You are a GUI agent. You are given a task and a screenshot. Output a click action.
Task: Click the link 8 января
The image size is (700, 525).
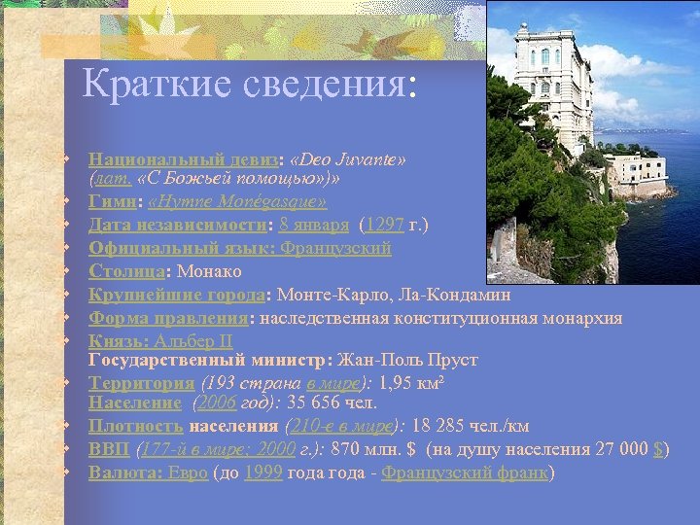click(x=314, y=226)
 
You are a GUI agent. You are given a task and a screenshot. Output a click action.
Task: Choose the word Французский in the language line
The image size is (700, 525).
click(x=336, y=248)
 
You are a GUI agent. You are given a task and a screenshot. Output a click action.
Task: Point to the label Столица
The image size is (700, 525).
click(x=123, y=270)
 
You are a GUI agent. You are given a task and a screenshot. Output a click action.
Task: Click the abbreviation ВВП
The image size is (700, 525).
click(x=109, y=449)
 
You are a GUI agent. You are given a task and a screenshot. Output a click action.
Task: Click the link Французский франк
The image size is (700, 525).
click(x=465, y=473)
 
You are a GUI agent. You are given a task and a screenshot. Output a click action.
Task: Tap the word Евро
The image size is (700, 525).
click(x=187, y=473)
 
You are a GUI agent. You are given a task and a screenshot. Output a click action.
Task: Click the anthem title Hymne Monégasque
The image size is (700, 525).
click(x=254, y=203)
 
